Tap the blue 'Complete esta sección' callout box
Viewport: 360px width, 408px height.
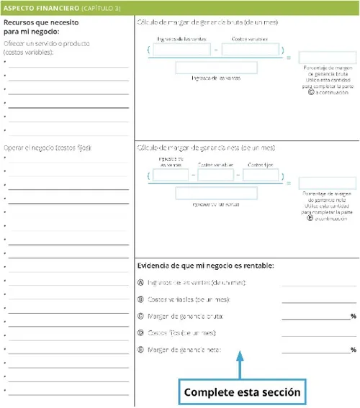pos(241,392)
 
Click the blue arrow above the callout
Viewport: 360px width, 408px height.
pos(241,363)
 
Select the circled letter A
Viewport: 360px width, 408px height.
pos(140,282)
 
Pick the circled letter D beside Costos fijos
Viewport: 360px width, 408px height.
pos(140,333)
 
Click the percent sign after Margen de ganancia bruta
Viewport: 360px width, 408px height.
pos(353,317)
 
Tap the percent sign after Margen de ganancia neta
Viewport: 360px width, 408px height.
pos(353,350)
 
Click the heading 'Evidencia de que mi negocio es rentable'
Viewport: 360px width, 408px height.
pos(205,266)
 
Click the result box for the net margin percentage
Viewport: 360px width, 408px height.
pos(317,183)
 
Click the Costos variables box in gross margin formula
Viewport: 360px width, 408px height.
pos(250,50)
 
